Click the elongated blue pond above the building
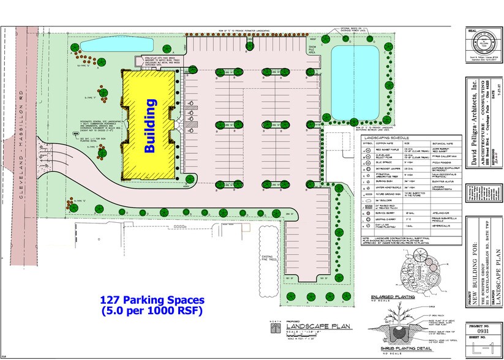tap(107, 44)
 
